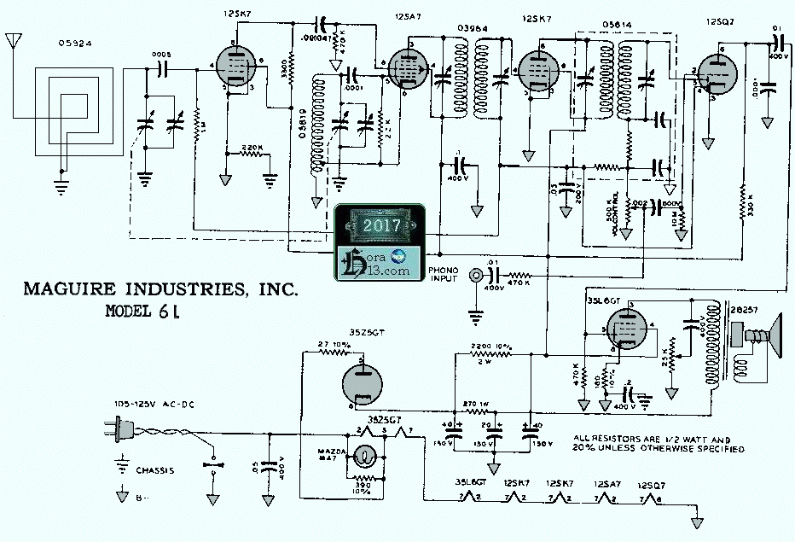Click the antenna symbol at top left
click(x=12, y=43)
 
